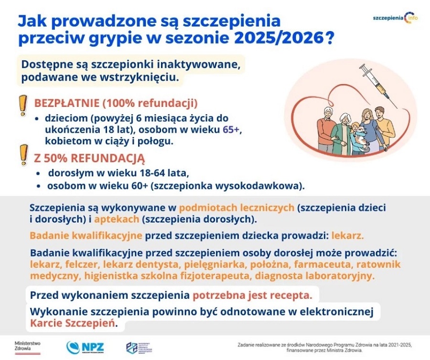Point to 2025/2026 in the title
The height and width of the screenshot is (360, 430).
tap(278, 39)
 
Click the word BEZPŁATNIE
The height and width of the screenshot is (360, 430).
tap(64, 104)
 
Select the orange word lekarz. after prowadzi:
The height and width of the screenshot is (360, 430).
tap(347, 235)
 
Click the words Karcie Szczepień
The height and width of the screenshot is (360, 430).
tap(73, 323)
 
